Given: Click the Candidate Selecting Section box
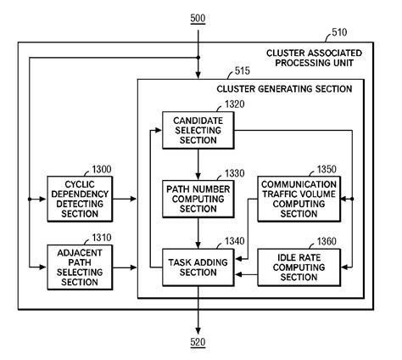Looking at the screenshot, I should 197,132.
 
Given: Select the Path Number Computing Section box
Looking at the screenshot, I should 197,198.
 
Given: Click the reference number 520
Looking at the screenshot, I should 197,342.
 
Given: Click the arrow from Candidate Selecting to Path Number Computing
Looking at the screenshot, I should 197,164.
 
